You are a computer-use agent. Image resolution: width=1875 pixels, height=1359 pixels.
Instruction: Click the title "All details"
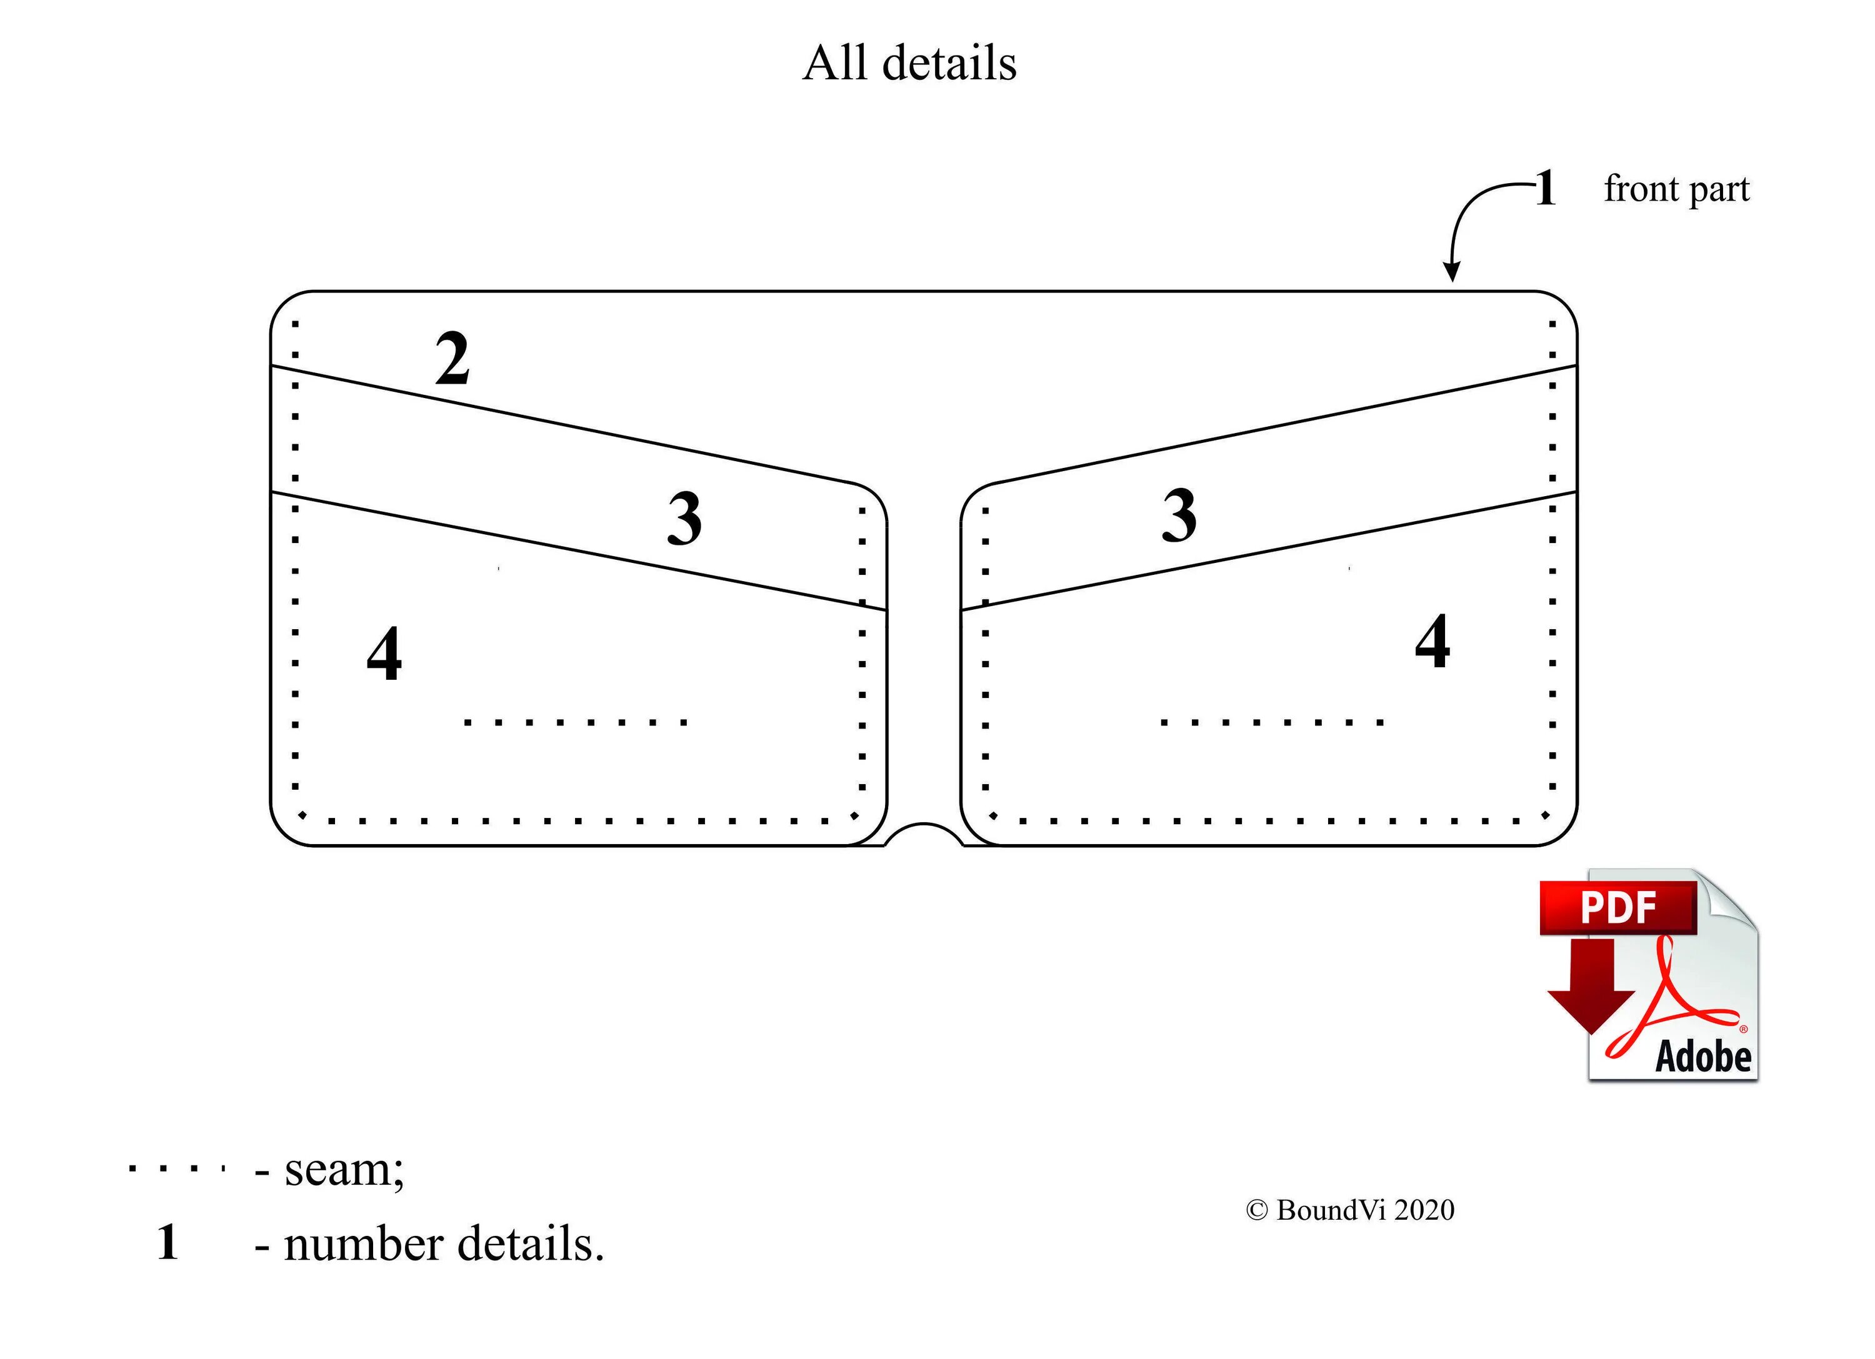(x=909, y=63)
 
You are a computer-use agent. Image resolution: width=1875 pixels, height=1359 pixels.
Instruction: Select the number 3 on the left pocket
(x=684, y=519)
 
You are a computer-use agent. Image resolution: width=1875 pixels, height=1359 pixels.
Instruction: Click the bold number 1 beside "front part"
(x=1545, y=189)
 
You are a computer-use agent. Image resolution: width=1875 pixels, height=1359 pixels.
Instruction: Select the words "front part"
(x=1677, y=189)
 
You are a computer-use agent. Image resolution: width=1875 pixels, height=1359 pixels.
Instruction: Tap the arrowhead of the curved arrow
(x=1451, y=273)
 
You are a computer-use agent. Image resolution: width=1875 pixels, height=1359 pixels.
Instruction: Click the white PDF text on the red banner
(x=1618, y=908)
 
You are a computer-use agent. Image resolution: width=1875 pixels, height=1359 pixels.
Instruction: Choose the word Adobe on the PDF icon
(x=1703, y=1057)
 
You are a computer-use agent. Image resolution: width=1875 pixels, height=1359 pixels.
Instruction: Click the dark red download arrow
(x=1590, y=992)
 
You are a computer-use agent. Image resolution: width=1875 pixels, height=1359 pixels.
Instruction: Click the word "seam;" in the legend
(x=344, y=1170)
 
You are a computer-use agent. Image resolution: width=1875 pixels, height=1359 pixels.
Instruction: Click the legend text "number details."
(x=444, y=1244)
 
